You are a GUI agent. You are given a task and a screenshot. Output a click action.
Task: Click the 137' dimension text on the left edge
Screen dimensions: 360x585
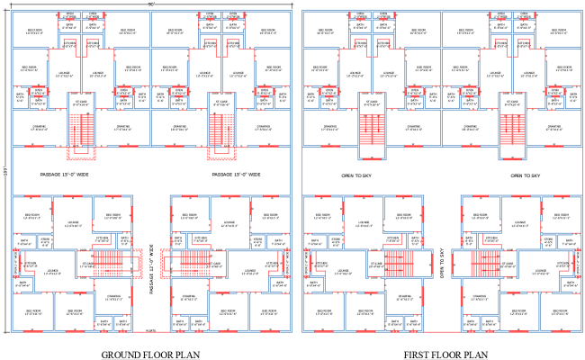point(4,171)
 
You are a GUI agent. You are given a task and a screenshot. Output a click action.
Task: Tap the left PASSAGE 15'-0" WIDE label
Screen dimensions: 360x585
point(66,174)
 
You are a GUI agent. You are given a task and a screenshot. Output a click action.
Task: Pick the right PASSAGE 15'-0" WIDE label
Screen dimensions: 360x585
point(236,174)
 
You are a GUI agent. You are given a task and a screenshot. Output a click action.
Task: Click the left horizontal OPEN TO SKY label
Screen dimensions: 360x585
point(358,174)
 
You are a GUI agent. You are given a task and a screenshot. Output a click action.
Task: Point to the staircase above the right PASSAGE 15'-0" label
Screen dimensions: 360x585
point(217,135)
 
